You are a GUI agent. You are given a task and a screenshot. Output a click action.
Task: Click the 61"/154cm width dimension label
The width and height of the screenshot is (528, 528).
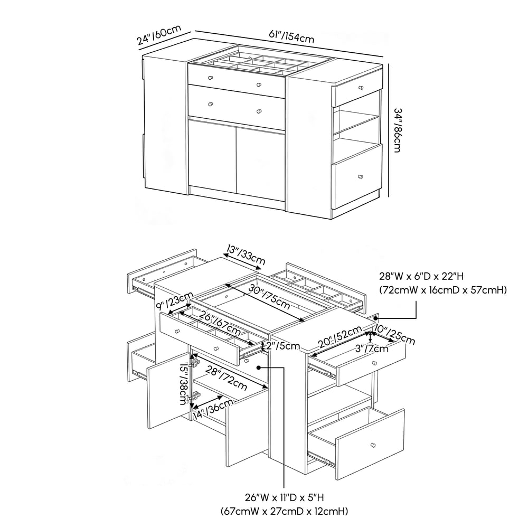pos(291,36)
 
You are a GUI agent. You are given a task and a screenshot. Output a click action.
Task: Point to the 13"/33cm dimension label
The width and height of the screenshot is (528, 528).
pos(246,253)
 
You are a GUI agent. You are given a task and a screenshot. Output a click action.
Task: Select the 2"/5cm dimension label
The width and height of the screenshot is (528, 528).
pos(280,346)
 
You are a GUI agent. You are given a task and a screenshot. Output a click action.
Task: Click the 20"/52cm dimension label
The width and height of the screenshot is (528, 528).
pos(336,338)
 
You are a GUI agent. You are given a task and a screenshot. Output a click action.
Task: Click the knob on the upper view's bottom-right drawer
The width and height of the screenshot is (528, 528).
pos(360,176)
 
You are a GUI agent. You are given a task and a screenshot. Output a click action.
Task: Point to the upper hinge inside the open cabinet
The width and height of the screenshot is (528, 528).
pos(195,363)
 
